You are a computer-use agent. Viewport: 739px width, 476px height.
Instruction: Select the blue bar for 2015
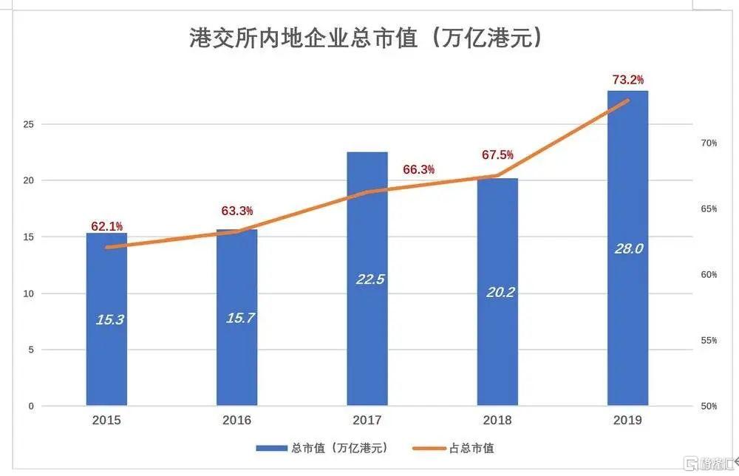click(x=106, y=355)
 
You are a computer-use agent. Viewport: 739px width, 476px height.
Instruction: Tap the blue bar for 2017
click(x=367, y=333)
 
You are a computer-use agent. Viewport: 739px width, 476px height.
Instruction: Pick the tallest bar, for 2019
click(x=627, y=310)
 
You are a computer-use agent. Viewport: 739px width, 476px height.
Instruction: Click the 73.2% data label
click(x=627, y=79)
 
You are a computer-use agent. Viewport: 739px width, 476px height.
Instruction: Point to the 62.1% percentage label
click(x=106, y=225)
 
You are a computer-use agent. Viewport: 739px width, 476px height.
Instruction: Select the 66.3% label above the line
click(x=418, y=169)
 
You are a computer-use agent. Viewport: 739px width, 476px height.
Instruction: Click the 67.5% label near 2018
click(x=497, y=155)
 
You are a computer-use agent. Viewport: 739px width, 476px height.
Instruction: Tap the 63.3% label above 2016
click(x=237, y=211)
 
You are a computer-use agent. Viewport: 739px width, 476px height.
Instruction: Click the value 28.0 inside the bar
click(x=628, y=249)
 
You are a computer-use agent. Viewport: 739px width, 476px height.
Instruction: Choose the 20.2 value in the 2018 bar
click(x=500, y=292)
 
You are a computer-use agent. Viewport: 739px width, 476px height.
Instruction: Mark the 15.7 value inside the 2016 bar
click(x=239, y=319)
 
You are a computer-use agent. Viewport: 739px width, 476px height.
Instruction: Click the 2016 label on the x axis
click(x=236, y=420)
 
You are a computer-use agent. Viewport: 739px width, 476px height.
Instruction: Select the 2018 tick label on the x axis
click(x=497, y=420)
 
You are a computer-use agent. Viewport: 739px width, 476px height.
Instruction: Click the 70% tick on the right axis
click(x=709, y=143)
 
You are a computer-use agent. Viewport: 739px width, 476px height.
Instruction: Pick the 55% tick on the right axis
click(x=709, y=340)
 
